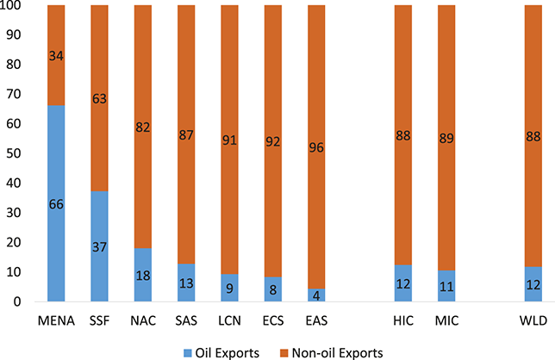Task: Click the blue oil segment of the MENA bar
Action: click(x=56, y=203)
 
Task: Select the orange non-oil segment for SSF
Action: click(x=99, y=98)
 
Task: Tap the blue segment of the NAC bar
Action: click(x=143, y=275)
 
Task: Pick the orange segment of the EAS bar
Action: click(x=316, y=146)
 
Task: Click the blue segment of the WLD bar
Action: click(x=533, y=284)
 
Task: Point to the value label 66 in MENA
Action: click(x=56, y=204)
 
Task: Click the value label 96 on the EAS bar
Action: click(x=316, y=147)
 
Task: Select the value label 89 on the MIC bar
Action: click(x=446, y=138)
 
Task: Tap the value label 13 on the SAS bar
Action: click(x=186, y=283)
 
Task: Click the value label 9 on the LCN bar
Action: click(x=230, y=289)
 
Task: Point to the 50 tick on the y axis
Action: click(x=14, y=153)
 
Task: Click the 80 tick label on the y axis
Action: click(x=14, y=65)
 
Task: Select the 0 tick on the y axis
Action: click(x=17, y=301)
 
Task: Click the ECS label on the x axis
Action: click(x=273, y=320)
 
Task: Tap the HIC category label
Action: click(x=403, y=320)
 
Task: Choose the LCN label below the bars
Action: click(x=230, y=320)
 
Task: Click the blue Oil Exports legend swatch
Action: click(x=188, y=353)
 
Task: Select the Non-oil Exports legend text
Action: click(x=337, y=353)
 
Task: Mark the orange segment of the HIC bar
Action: click(x=403, y=135)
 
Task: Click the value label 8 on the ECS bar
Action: click(x=273, y=290)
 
